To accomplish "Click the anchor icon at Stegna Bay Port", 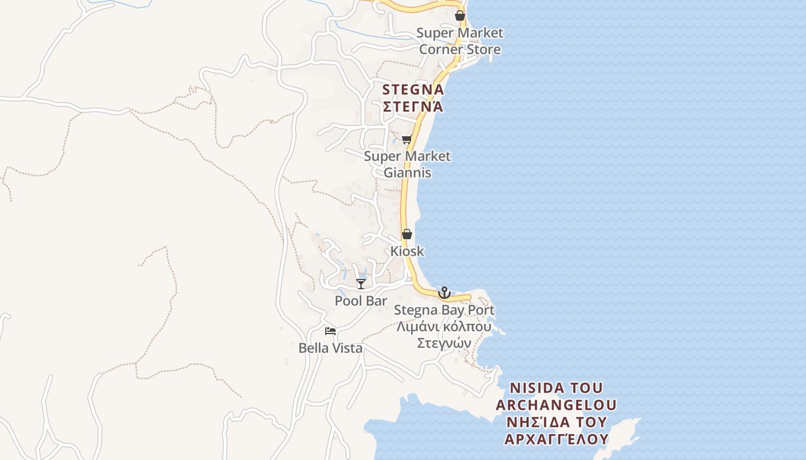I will (x=444, y=293).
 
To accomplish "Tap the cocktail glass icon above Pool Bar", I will (x=361, y=283).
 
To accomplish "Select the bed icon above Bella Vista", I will (x=330, y=331).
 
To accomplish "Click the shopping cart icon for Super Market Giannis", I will (x=407, y=139).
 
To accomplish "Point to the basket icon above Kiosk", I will (x=407, y=234).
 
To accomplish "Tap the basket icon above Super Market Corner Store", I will (x=460, y=16).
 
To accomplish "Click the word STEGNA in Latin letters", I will (x=413, y=90).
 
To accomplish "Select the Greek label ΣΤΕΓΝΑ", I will (x=413, y=107).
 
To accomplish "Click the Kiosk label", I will (x=407, y=251).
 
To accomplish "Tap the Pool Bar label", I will (x=361, y=301).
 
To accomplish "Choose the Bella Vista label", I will (x=330, y=348).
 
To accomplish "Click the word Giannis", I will (x=407, y=172).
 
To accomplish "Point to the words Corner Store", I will (x=459, y=49).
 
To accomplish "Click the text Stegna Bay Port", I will (x=444, y=310).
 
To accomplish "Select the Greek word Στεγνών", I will (x=444, y=343).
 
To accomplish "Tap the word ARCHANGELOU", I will (x=556, y=405).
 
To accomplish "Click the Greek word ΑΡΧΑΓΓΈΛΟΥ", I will (x=556, y=439).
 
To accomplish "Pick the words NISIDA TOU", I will (x=556, y=388).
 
